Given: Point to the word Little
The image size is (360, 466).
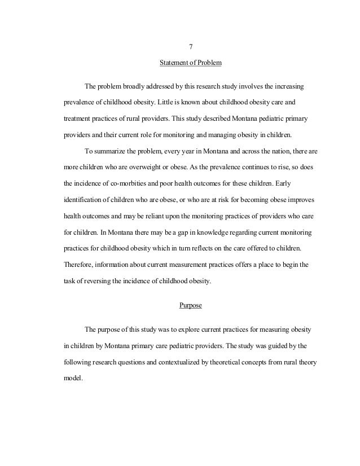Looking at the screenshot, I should pyautogui.click(x=170, y=104).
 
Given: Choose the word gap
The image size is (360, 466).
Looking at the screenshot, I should pyautogui.click(x=166, y=232).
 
